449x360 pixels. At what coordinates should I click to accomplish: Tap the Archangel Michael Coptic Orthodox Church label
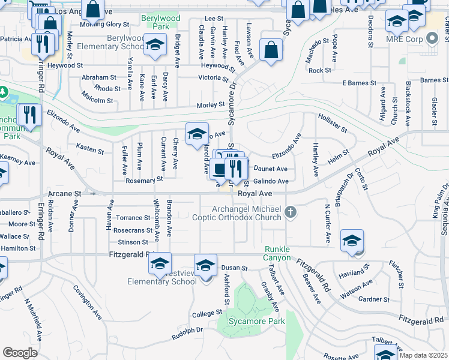pyautogui.click(x=247, y=213)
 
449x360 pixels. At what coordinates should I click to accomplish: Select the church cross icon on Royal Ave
pyautogui.click(x=291, y=211)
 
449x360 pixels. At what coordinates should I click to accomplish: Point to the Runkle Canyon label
pyautogui.click(x=277, y=253)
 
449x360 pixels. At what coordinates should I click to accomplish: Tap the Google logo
pyautogui.click(x=20, y=353)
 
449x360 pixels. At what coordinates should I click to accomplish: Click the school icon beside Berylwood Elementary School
pyautogui.click(x=155, y=46)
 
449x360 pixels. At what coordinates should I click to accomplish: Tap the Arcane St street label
pyautogui.click(x=64, y=194)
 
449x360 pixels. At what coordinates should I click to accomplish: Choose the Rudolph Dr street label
pyautogui.click(x=188, y=332)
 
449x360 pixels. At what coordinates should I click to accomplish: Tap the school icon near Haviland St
pyautogui.click(x=352, y=241)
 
